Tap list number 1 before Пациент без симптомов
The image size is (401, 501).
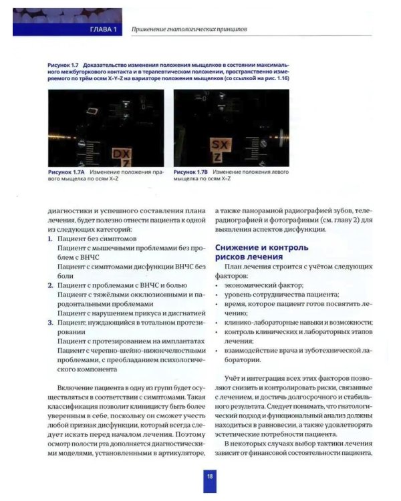pyautogui.click(x=50, y=238)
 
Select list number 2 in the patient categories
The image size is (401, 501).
pyautogui.click(x=50, y=285)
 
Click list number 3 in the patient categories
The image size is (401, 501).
pyautogui.click(x=50, y=323)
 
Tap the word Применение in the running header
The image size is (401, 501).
pyautogui.click(x=151, y=30)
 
